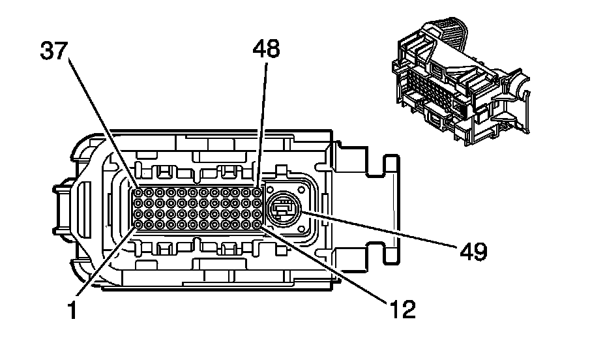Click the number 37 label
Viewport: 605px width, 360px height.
click(54, 51)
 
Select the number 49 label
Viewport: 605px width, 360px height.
click(473, 250)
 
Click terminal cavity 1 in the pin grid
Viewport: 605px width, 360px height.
click(138, 224)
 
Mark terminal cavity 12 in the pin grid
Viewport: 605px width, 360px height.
click(258, 224)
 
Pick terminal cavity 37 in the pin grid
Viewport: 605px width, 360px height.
click(138, 193)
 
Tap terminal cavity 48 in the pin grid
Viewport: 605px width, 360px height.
click(258, 193)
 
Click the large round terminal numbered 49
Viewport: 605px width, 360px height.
click(284, 209)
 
